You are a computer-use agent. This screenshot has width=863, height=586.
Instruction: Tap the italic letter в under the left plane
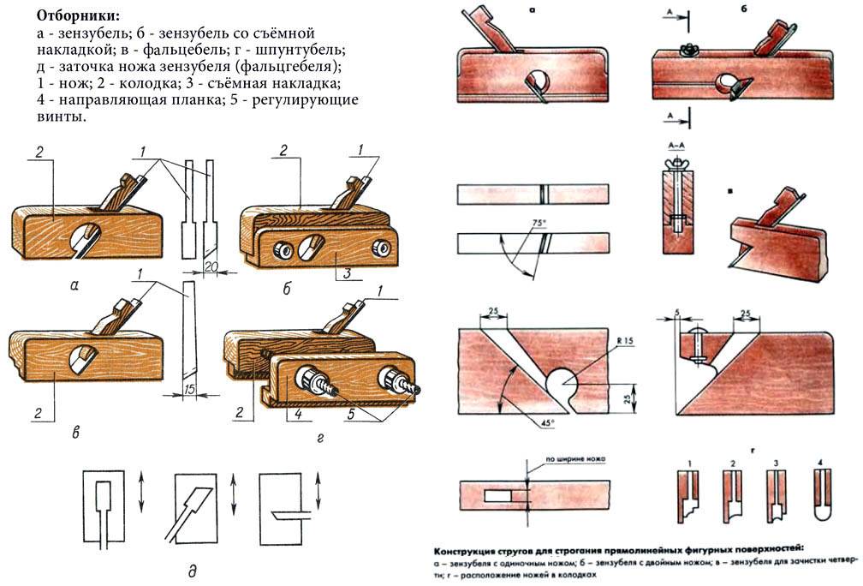point(76,434)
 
